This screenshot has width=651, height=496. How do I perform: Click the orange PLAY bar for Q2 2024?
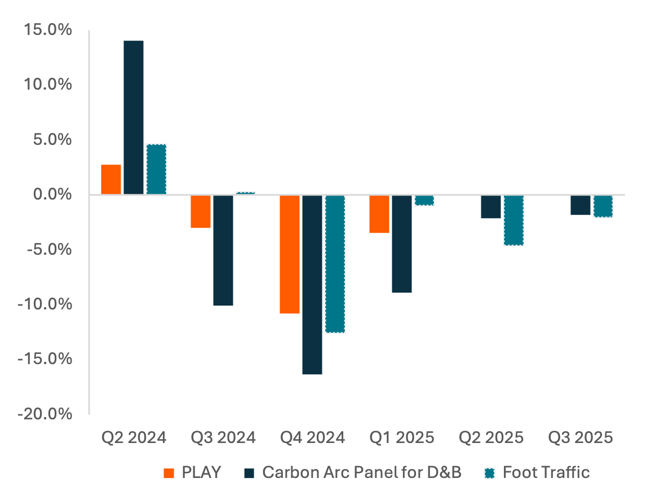(x=111, y=180)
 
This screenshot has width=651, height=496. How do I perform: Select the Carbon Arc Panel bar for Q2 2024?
(x=134, y=118)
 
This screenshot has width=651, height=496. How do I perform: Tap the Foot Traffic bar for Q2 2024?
(x=156, y=170)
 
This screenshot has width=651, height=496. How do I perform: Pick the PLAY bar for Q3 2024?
(x=201, y=211)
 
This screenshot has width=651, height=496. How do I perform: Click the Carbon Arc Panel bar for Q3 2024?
(x=223, y=250)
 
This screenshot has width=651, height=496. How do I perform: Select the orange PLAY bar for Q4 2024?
(x=290, y=254)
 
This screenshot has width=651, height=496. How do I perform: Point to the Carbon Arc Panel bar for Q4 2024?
(x=312, y=285)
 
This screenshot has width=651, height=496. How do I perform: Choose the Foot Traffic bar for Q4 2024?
(x=335, y=264)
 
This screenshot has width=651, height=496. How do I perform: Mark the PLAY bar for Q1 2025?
(x=379, y=214)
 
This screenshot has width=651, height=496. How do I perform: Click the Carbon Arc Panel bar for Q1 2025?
(x=402, y=244)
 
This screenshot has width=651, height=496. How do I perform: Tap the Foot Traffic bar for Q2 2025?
(x=513, y=220)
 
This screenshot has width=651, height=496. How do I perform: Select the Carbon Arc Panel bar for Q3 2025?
(x=581, y=205)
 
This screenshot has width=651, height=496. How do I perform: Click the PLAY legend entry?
(x=193, y=472)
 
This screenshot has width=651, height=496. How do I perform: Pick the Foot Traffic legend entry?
(x=538, y=472)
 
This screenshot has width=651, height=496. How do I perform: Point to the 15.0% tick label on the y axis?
(x=48, y=30)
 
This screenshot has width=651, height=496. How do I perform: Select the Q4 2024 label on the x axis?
(x=312, y=438)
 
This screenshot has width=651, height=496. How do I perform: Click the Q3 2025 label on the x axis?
(x=581, y=438)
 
